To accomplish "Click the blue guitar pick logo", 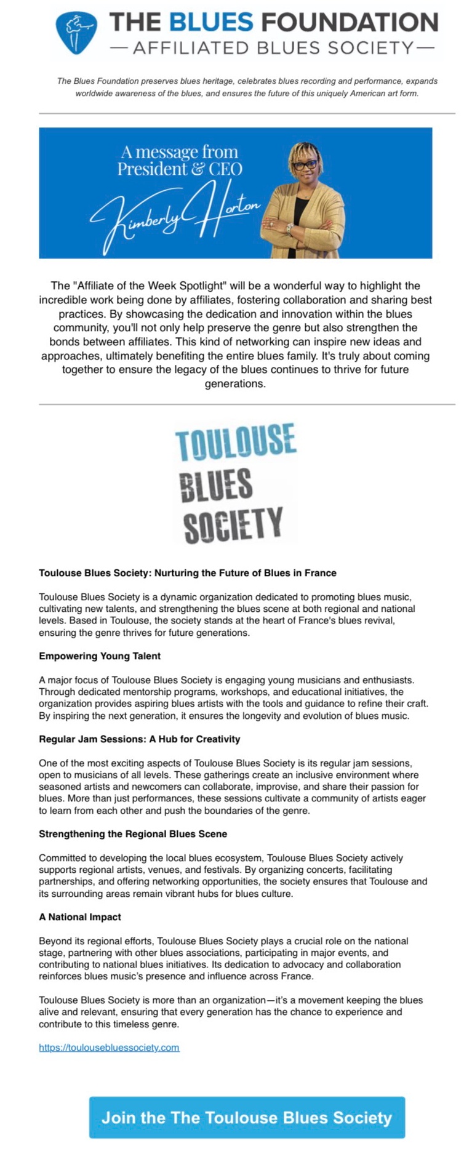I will click(x=76, y=32).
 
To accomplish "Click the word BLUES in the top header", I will click(x=210, y=23).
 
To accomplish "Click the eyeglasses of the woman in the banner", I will click(x=305, y=164).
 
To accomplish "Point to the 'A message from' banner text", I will click(x=179, y=151).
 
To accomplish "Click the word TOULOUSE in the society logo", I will click(x=236, y=441).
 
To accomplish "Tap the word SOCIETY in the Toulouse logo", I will click(x=233, y=524).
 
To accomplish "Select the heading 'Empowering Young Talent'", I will click(x=100, y=656).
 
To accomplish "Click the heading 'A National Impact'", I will click(x=80, y=917).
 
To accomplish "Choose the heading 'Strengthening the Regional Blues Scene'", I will click(x=133, y=834).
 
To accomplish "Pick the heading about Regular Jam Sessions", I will click(x=140, y=739).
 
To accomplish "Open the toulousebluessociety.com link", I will click(x=109, y=1048).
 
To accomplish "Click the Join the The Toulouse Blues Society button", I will click(x=247, y=1118).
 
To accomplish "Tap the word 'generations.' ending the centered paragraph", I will click(x=235, y=383).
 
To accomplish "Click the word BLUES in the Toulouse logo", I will click(x=216, y=484).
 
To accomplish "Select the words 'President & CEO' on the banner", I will click(x=180, y=169).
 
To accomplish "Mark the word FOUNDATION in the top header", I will click(x=350, y=23).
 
